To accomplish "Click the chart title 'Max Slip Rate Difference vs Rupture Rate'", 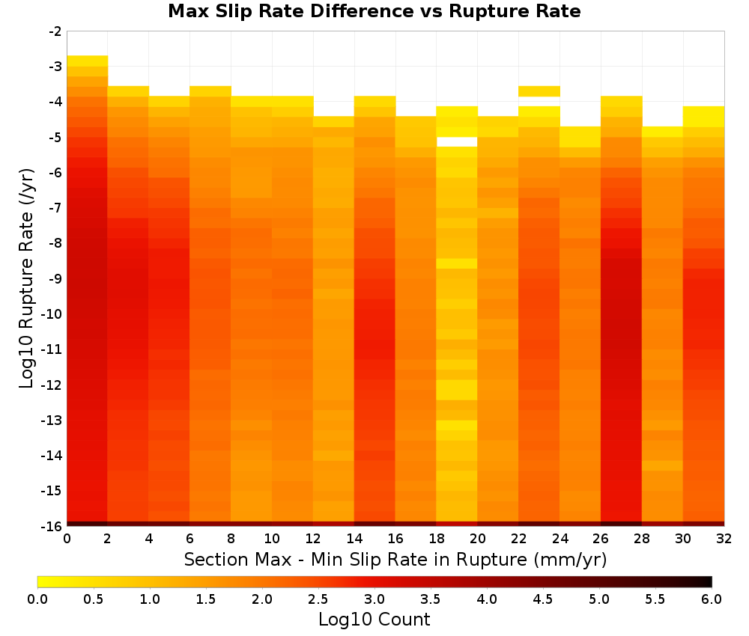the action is (374, 11).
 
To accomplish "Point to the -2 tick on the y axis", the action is (55, 31).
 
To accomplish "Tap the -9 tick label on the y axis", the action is (55, 278).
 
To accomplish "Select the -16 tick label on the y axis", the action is (52, 526).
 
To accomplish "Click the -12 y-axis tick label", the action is (52, 385).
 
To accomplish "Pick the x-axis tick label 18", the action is (436, 539).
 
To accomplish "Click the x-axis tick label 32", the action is (724, 539).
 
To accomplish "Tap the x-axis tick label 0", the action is (67, 539).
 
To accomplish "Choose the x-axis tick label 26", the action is (601, 539).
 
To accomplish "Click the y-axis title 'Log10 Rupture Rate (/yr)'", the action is (27, 278).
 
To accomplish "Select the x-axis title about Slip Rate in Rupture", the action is (395, 559).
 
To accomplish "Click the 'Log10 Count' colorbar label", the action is (374, 620).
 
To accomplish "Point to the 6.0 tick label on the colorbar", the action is (712, 599).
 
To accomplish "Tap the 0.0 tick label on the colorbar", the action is (37, 599).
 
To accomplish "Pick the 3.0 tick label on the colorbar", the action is (374, 599).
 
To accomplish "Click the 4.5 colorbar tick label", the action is (542, 599).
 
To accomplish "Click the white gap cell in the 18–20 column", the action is (457, 141).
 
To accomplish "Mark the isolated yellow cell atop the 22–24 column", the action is (539, 91).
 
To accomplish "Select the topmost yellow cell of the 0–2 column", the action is (88, 61).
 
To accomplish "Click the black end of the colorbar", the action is (707, 581).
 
